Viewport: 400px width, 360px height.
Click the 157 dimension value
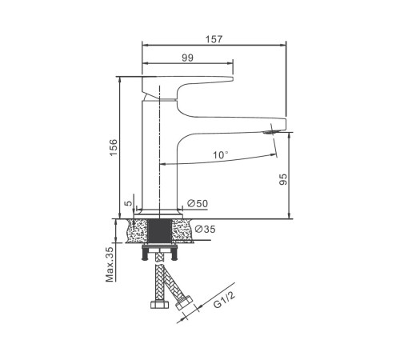214,39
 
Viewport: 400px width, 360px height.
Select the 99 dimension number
188,58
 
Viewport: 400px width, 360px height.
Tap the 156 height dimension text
113,147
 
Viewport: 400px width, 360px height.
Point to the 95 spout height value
283,179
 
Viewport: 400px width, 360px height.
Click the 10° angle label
220,154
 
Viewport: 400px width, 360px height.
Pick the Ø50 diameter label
198,203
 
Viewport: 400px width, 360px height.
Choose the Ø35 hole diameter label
205,229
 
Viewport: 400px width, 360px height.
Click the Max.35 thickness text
110,264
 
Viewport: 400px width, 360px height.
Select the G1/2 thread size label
224,300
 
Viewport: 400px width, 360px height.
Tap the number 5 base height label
129,203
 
